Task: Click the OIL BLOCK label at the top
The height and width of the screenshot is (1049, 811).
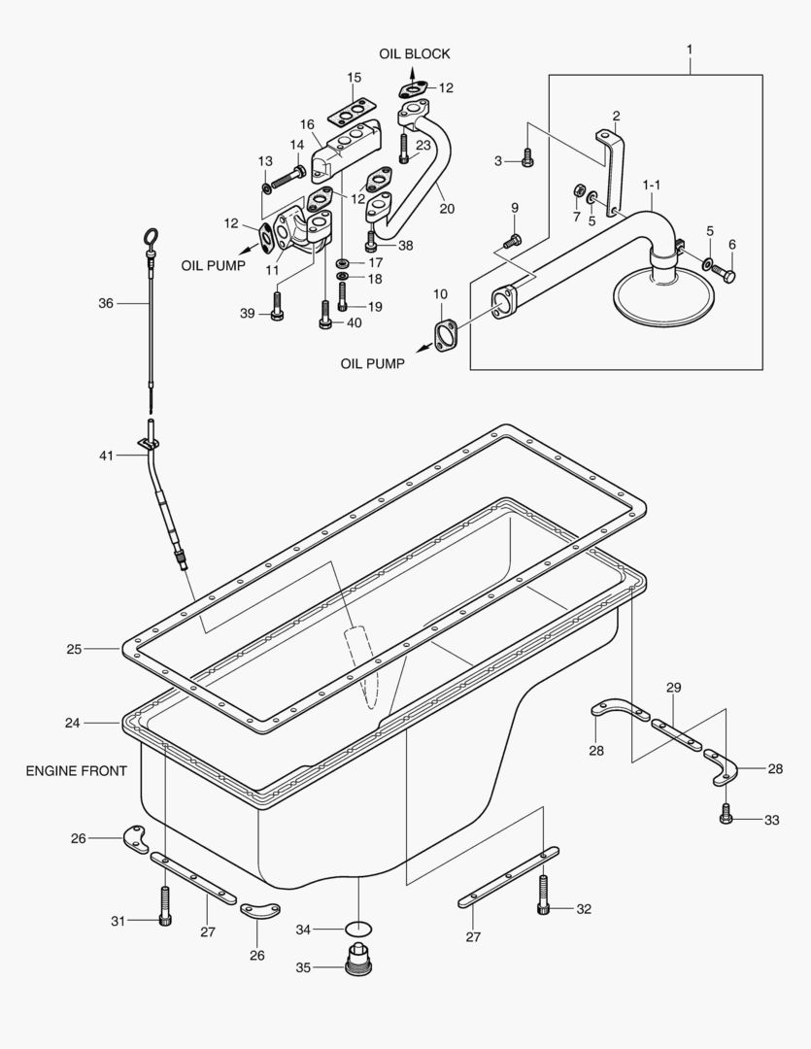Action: [415, 53]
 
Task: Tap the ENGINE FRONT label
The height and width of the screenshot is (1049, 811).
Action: [76, 771]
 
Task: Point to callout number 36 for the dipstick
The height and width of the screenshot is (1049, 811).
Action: [106, 303]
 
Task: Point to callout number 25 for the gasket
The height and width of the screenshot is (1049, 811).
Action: [73, 648]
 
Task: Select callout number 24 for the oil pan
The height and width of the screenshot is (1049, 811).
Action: [72, 723]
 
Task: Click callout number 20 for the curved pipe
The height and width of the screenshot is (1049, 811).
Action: [446, 208]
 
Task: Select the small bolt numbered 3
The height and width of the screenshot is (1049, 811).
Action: [527, 155]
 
